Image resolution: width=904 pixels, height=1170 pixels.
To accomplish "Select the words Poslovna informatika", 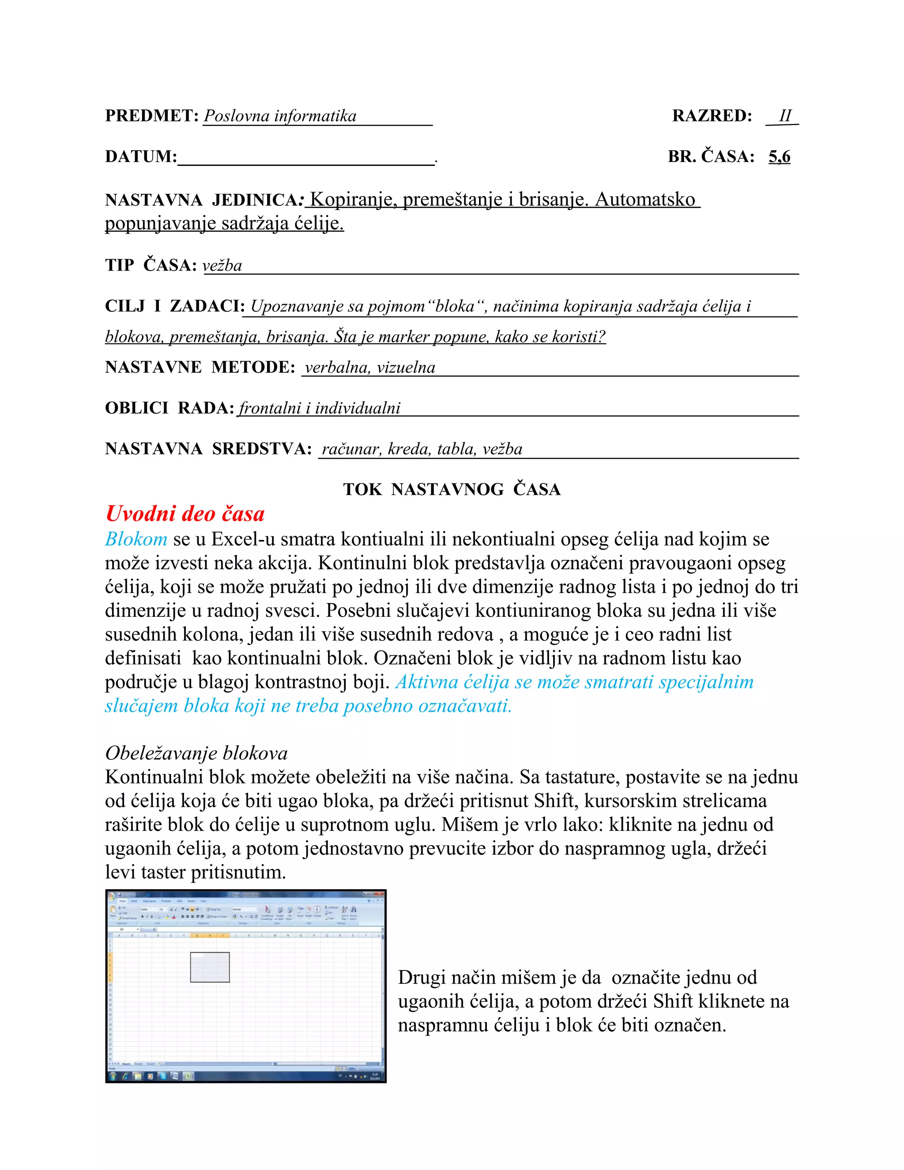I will (280, 116).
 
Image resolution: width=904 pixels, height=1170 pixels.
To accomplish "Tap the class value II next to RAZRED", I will (784, 116).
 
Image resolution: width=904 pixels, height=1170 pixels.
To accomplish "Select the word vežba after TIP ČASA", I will (222, 265).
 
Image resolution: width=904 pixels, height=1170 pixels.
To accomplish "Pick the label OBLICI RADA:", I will (169, 408).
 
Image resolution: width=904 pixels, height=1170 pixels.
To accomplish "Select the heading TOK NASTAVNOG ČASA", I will (452, 489).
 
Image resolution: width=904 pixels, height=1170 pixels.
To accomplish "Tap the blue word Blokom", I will (136, 539).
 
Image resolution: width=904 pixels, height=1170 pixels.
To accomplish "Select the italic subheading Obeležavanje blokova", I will (196, 753).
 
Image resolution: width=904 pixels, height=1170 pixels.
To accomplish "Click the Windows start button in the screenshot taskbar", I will (113, 1076).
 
